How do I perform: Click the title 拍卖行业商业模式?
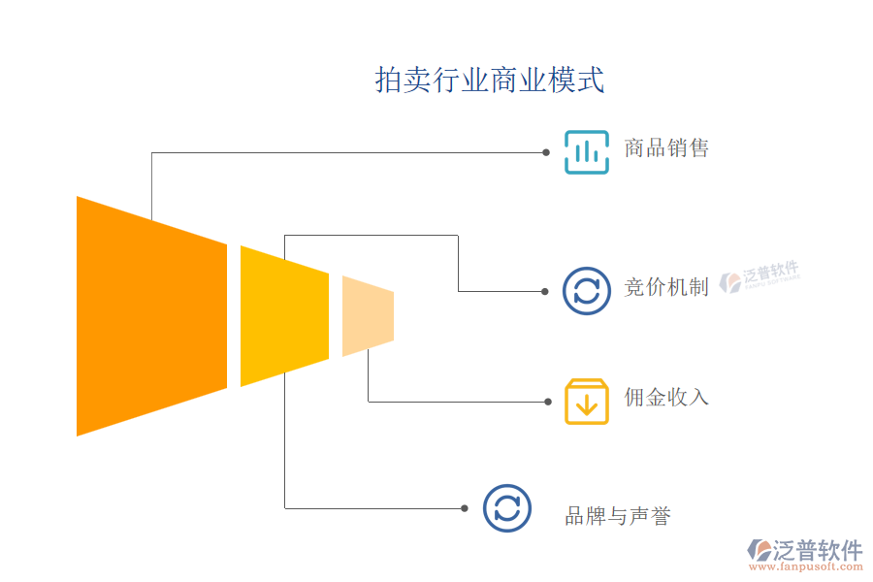click(490, 80)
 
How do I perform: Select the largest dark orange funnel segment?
click(150, 315)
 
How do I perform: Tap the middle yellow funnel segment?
click(283, 315)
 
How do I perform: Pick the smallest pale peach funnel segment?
click(368, 315)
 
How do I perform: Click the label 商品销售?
click(666, 148)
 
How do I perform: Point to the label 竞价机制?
click(666, 287)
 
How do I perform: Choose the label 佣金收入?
click(666, 397)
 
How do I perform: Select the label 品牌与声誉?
click(618, 516)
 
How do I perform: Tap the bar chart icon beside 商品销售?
click(587, 152)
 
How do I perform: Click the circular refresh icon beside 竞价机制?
click(587, 290)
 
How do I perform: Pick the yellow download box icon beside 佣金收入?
click(587, 401)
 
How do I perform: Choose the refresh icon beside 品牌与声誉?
click(506, 507)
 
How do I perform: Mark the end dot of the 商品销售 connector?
click(546, 152)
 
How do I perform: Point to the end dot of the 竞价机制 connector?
click(546, 291)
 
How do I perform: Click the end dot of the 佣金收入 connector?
click(546, 402)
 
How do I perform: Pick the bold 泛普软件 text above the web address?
click(818, 550)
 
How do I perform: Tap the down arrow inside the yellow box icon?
click(587, 404)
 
